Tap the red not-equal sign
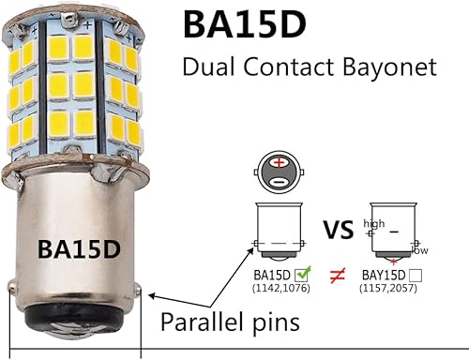[x=334, y=277]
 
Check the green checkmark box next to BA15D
[x=302, y=275]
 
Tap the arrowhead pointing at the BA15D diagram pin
[x=255, y=247]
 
